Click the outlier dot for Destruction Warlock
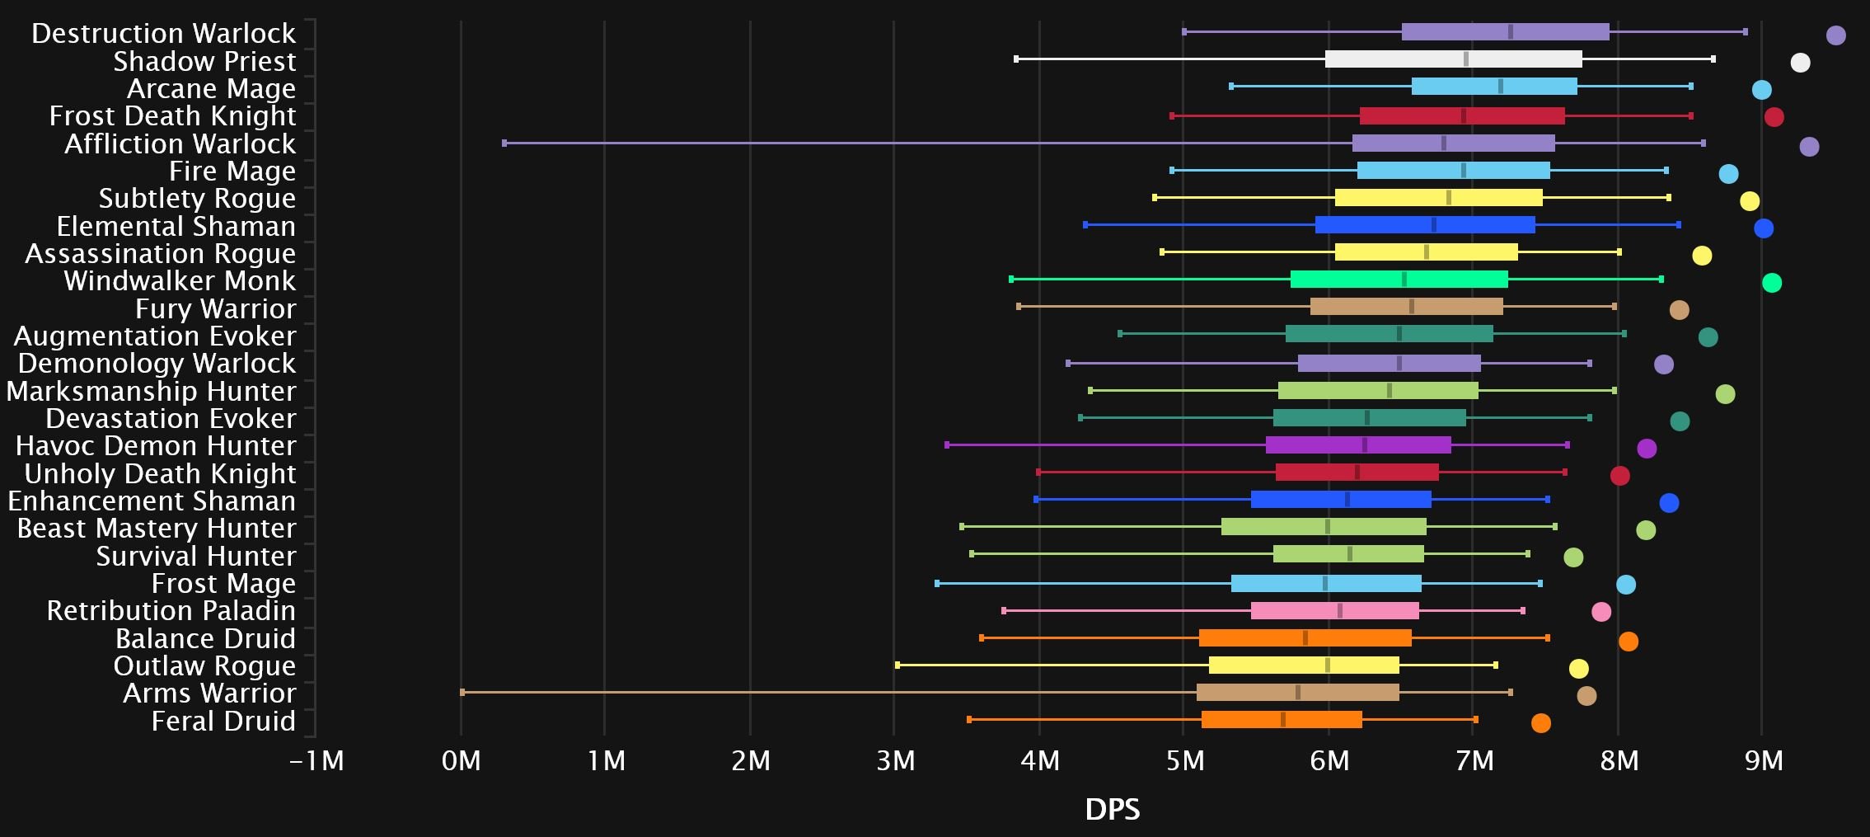(1835, 35)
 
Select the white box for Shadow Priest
(1453, 59)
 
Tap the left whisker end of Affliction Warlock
(504, 143)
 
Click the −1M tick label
(317, 760)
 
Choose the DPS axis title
(1112, 810)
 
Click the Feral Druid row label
(223, 722)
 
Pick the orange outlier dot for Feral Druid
(1540, 723)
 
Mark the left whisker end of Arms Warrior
(462, 693)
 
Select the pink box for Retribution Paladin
(1334, 611)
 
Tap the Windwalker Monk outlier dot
(1771, 283)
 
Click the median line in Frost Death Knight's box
(1463, 116)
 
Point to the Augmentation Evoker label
(155, 336)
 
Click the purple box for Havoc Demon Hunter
(1358, 445)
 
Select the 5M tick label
(1184, 760)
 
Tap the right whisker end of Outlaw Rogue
(1495, 665)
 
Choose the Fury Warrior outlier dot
(1679, 310)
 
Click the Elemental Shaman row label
(176, 227)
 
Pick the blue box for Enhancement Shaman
(1341, 500)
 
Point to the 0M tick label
(461, 760)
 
